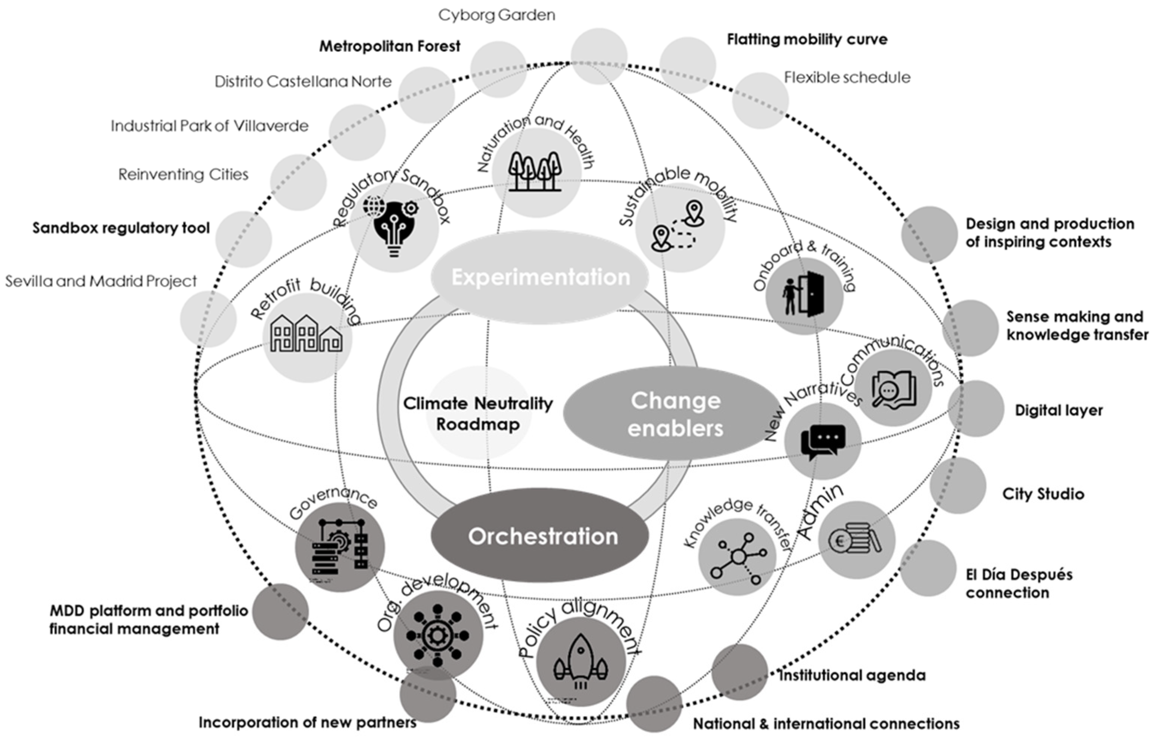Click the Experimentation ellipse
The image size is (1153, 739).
540,277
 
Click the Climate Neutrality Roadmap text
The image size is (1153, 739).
478,414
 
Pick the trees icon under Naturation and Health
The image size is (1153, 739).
535,171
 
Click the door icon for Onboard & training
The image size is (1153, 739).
804,294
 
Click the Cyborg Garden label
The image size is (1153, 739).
496,15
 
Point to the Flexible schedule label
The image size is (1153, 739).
847,77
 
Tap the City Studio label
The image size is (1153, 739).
1043,494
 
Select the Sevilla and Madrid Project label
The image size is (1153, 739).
101,281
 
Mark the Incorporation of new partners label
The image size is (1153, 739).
307,723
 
